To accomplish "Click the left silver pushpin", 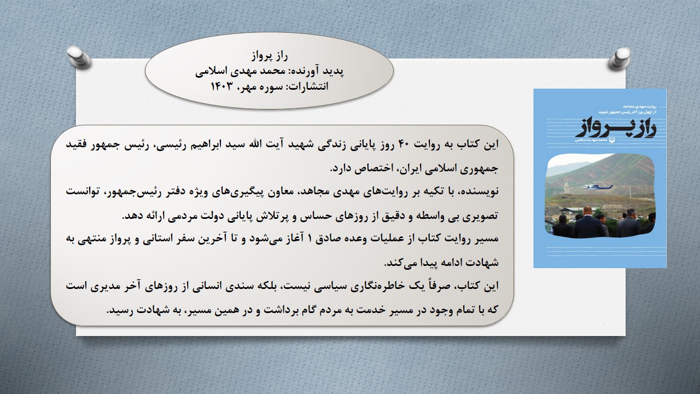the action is tap(78, 57).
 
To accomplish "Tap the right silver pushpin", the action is tap(620, 59).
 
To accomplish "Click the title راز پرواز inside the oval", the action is tap(270, 56).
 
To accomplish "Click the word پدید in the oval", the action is tap(334, 72).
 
